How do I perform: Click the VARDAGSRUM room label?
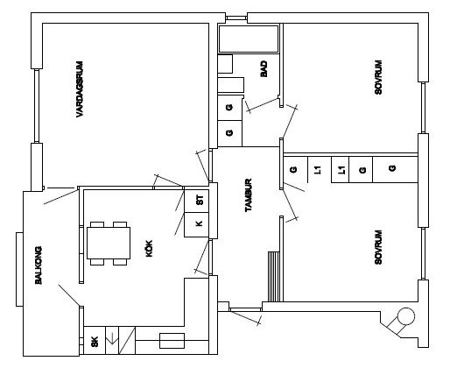(x=80, y=89)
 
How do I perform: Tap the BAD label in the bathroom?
(x=264, y=69)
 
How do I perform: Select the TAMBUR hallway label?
(x=249, y=195)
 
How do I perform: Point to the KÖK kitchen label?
(x=149, y=249)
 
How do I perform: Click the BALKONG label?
(x=39, y=265)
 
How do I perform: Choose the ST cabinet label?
(x=200, y=200)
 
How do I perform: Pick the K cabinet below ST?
(x=200, y=224)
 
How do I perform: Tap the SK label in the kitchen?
(x=95, y=342)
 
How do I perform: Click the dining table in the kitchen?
(x=109, y=244)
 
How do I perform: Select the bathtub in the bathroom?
(x=249, y=39)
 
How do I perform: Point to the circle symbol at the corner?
(x=406, y=316)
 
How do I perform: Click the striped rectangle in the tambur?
(x=274, y=277)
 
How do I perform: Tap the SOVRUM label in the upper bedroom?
(x=378, y=77)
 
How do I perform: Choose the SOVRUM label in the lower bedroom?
(x=378, y=247)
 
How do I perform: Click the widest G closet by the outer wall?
(x=395, y=170)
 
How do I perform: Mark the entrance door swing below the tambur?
(x=245, y=317)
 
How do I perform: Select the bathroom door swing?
(x=263, y=105)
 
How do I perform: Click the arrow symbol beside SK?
(x=112, y=338)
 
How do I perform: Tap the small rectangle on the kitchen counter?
(x=172, y=341)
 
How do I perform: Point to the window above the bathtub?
(x=236, y=18)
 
